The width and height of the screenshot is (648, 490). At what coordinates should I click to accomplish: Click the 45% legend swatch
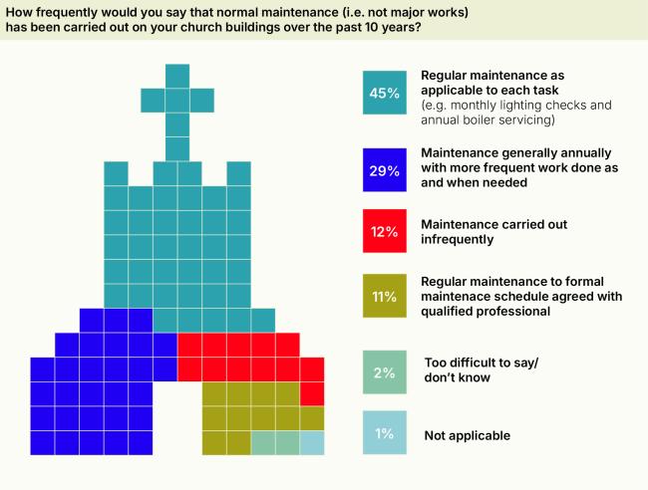point(385,93)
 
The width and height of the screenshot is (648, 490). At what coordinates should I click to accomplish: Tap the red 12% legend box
point(385,231)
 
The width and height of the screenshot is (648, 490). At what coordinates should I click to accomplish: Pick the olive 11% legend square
point(385,296)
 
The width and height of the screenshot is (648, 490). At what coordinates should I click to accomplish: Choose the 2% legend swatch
point(385,372)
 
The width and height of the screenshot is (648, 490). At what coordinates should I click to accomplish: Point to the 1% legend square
point(385,434)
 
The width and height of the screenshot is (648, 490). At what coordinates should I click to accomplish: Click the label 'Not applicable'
point(466,435)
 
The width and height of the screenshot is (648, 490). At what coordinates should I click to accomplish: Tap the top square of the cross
point(177,76)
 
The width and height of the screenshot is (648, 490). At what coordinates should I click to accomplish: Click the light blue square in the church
point(312,442)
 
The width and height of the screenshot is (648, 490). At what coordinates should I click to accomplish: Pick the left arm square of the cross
point(154,100)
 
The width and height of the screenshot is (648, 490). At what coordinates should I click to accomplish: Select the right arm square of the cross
point(202,100)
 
